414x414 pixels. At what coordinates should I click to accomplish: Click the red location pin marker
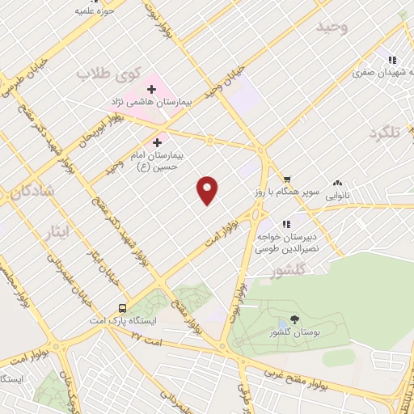point(209,190)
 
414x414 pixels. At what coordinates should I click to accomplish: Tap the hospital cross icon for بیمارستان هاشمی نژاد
point(151,88)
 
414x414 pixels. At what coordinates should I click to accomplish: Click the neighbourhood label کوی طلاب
point(104,74)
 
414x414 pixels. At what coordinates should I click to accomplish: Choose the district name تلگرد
point(383,133)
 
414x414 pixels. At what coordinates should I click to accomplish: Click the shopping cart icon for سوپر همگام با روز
point(286,179)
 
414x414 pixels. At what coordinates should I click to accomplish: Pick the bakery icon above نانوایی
point(338,183)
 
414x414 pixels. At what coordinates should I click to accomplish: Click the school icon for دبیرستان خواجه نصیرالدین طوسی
point(285,224)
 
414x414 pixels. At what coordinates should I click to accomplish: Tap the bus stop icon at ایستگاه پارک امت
point(122,307)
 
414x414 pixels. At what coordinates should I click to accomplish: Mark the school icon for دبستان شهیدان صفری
point(392,59)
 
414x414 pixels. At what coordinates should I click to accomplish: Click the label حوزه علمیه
point(90,11)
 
